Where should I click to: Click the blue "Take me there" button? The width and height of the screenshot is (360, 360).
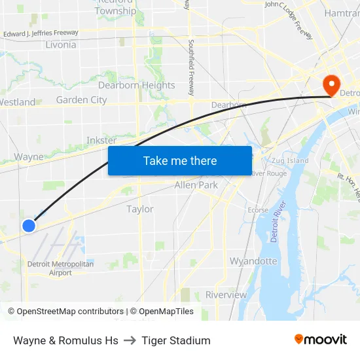point(180,160)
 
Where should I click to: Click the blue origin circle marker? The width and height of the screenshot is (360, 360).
point(29,226)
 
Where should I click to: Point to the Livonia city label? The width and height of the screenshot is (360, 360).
point(61,45)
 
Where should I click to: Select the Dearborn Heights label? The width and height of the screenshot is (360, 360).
point(136,85)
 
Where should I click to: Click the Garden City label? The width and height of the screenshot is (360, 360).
point(81,100)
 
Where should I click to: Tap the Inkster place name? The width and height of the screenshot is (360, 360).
point(101,140)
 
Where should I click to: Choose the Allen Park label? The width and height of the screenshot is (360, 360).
point(196,185)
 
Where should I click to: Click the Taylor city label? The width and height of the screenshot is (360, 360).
point(140,209)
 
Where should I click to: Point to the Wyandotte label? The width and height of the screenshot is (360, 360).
point(253,261)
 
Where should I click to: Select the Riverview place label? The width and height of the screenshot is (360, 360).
point(226,295)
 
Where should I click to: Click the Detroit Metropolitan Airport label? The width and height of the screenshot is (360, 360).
point(60,268)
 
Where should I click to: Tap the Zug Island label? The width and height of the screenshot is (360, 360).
point(288,160)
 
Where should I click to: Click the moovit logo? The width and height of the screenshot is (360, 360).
point(320,340)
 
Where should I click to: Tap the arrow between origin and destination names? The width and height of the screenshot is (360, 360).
point(130,340)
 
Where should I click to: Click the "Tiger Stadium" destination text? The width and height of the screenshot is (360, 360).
point(176,340)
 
